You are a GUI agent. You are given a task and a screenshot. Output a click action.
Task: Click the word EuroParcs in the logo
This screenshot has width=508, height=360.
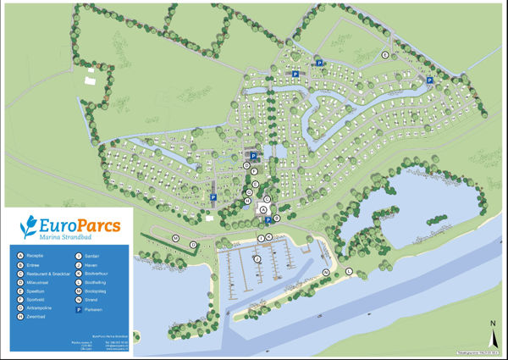pos(81,226)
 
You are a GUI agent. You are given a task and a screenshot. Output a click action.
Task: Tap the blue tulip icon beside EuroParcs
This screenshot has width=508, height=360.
pos(30,227)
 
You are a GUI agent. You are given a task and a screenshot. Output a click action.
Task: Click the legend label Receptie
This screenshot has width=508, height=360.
pos(36,255)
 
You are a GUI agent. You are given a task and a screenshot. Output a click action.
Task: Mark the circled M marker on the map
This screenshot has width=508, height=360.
pos(175,239)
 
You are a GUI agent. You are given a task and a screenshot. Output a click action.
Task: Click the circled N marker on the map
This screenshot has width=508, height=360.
pos(326,272)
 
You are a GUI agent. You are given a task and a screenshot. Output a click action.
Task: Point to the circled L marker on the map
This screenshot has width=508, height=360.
pos(349,271)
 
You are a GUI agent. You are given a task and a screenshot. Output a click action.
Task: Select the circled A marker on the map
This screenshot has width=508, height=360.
pos(263,208)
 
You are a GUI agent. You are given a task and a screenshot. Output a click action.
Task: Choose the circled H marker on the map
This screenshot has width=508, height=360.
pos(247,201)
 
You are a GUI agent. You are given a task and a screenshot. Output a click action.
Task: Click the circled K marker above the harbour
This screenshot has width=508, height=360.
pos(270,237)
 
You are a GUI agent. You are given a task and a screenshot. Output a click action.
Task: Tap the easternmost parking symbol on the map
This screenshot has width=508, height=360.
pos(429,80)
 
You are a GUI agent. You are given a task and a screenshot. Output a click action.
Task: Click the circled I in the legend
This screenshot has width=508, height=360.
pos(78,255)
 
